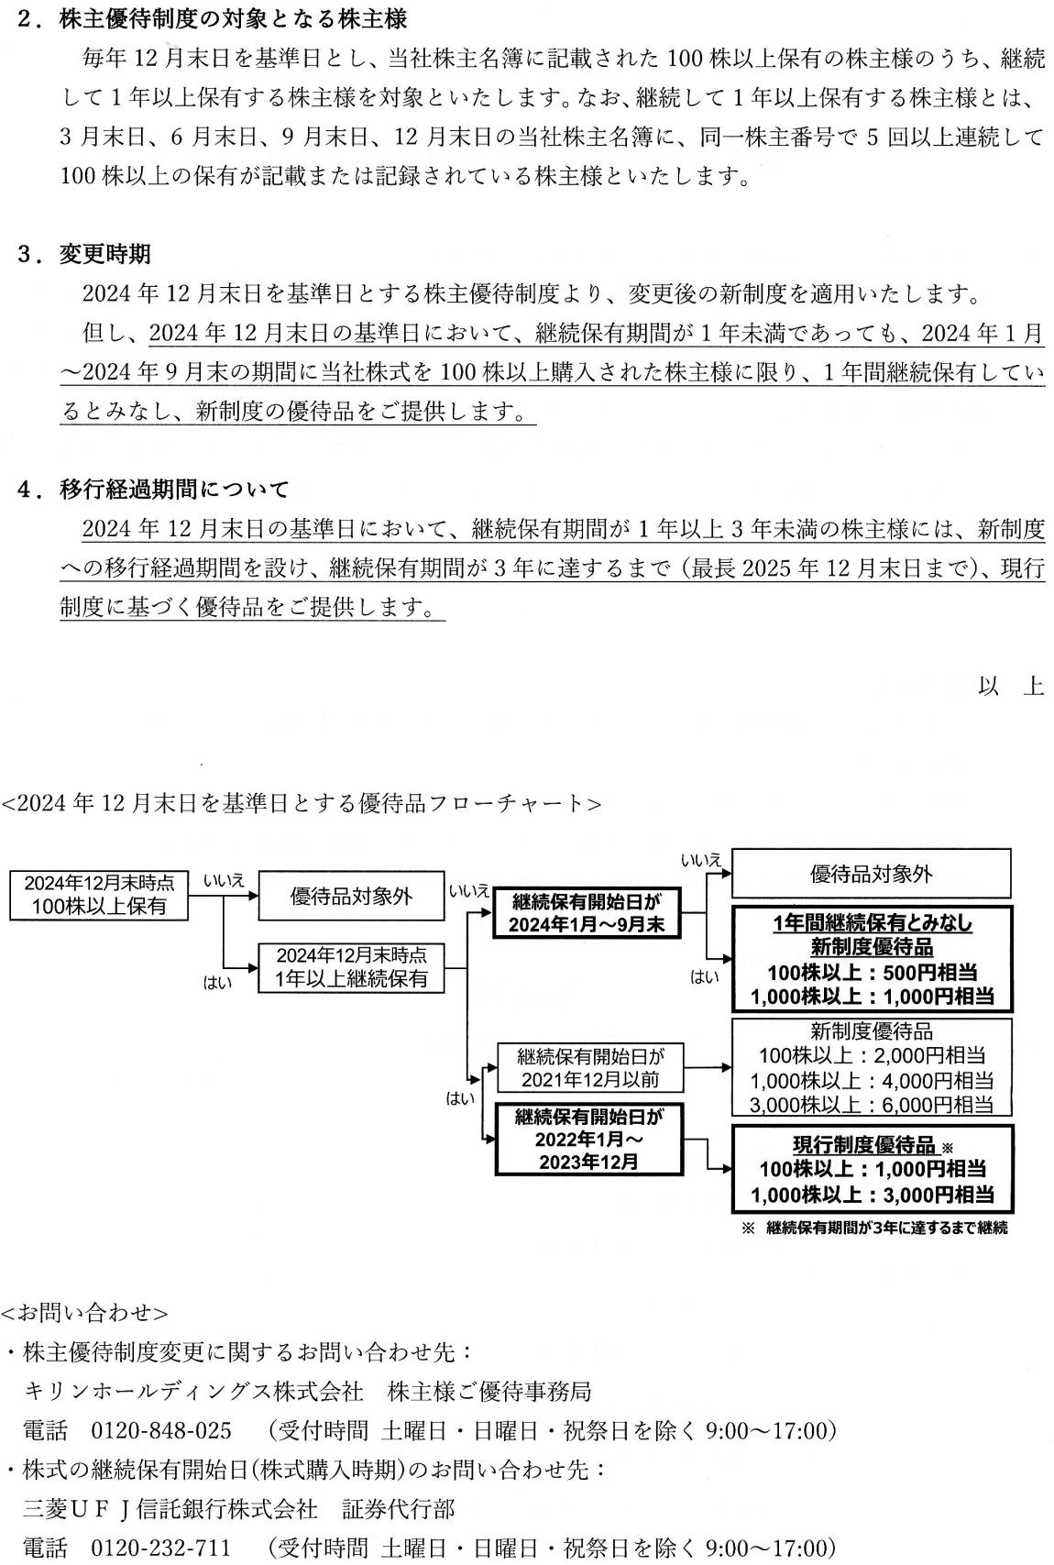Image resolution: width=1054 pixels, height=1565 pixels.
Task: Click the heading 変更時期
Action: tap(104, 254)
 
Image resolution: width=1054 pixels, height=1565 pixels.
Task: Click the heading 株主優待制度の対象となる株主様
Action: tap(233, 19)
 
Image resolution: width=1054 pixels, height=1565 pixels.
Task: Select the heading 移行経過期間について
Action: tap(174, 489)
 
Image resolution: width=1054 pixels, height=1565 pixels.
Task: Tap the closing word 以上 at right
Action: tap(1010, 686)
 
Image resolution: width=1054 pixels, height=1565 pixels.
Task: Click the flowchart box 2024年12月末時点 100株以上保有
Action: tap(98, 894)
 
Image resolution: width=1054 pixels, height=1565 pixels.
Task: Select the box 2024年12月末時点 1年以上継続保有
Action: tap(351, 967)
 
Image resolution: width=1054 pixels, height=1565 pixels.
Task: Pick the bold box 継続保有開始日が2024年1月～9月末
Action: tap(587, 912)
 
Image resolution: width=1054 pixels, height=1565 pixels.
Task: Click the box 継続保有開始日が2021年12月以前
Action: tap(590, 1067)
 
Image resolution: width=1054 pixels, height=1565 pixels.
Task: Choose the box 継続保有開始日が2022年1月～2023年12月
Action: tap(588, 1139)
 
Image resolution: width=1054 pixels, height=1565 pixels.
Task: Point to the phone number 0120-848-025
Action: tap(161, 1430)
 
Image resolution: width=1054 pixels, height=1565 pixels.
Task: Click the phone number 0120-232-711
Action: tap(161, 1547)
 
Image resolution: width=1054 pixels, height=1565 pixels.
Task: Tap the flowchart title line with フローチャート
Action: tap(302, 803)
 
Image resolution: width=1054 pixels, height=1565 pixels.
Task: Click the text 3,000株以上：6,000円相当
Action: tap(872, 1105)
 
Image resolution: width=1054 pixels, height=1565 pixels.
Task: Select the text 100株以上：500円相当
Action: tap(873, 972)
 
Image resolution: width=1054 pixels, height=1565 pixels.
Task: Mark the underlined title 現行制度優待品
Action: tap(864, 1144)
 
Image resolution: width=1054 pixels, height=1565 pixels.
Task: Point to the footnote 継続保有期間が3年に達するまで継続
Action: tap(886, 1228)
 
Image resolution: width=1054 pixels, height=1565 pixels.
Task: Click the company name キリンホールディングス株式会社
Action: tap(193, 1391)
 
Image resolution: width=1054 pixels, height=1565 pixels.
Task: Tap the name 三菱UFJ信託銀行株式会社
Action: tap(170, 1508)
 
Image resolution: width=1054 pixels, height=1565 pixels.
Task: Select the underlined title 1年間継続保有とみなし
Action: tap(873, 923)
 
